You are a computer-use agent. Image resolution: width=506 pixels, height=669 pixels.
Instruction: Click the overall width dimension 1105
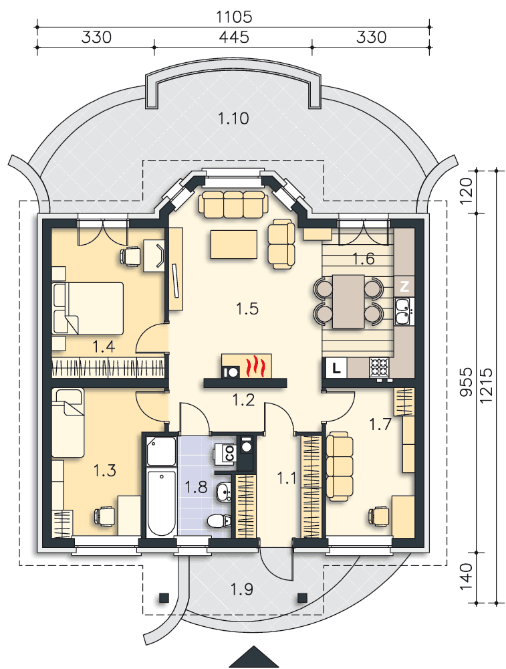pos(234,17)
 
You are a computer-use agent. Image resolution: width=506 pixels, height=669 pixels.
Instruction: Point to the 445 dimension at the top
pos(233,37)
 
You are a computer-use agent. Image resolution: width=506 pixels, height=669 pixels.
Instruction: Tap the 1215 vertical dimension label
pos(486,386)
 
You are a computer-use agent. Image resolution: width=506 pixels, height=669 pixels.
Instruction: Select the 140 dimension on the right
pos(467,577)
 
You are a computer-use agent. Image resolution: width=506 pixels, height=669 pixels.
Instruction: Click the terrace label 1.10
pos(233,118)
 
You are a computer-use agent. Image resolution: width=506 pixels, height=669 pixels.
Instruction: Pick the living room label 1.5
pos(247,308)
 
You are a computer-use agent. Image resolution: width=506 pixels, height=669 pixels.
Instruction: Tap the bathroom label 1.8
pos(196,487)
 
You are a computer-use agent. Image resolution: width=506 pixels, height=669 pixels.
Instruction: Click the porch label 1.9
pos(242,589)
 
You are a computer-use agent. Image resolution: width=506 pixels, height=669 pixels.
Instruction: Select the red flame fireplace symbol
pos(255,366)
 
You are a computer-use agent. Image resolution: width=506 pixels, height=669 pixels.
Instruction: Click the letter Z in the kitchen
pos(404,286)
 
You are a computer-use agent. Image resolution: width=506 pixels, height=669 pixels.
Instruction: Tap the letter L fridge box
pos(336,368)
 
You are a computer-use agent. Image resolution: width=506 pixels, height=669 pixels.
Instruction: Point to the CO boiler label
pos(230,453)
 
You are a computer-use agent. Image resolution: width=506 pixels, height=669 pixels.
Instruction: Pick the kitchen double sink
pos(402,311)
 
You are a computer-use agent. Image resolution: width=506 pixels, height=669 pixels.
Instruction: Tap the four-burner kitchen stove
pos(380,367)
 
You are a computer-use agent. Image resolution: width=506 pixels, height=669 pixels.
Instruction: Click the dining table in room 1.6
pos(348,301)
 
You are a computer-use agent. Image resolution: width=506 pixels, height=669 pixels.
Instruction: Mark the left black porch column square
pos(164,597)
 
